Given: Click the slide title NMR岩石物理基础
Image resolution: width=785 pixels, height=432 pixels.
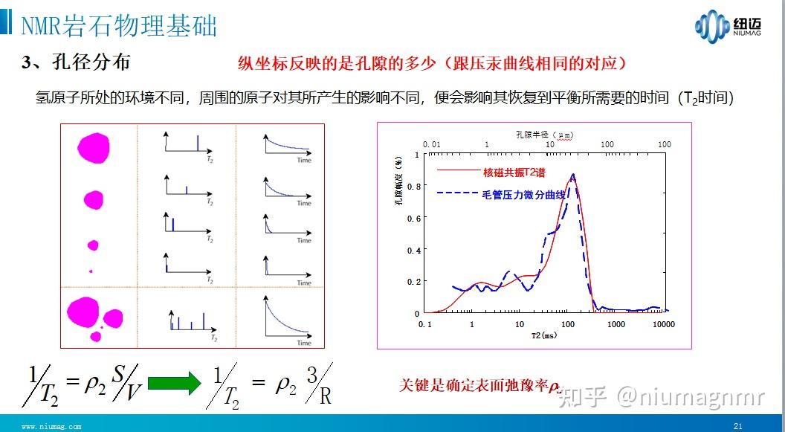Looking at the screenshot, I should [119, 25].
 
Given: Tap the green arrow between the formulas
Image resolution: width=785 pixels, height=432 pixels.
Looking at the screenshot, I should [174, 382].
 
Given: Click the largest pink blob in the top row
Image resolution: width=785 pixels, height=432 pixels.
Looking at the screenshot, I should [94, 147].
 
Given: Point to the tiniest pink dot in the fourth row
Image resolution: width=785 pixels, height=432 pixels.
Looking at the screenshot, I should [91, 271].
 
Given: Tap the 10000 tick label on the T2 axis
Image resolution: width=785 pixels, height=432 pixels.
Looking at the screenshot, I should [663, 324].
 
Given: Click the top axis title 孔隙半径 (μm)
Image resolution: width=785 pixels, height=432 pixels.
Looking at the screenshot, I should [543, 133].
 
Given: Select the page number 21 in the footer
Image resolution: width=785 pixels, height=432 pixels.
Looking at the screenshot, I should [738, 426].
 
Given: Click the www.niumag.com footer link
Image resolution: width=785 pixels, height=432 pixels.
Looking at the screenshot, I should [51, 426].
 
